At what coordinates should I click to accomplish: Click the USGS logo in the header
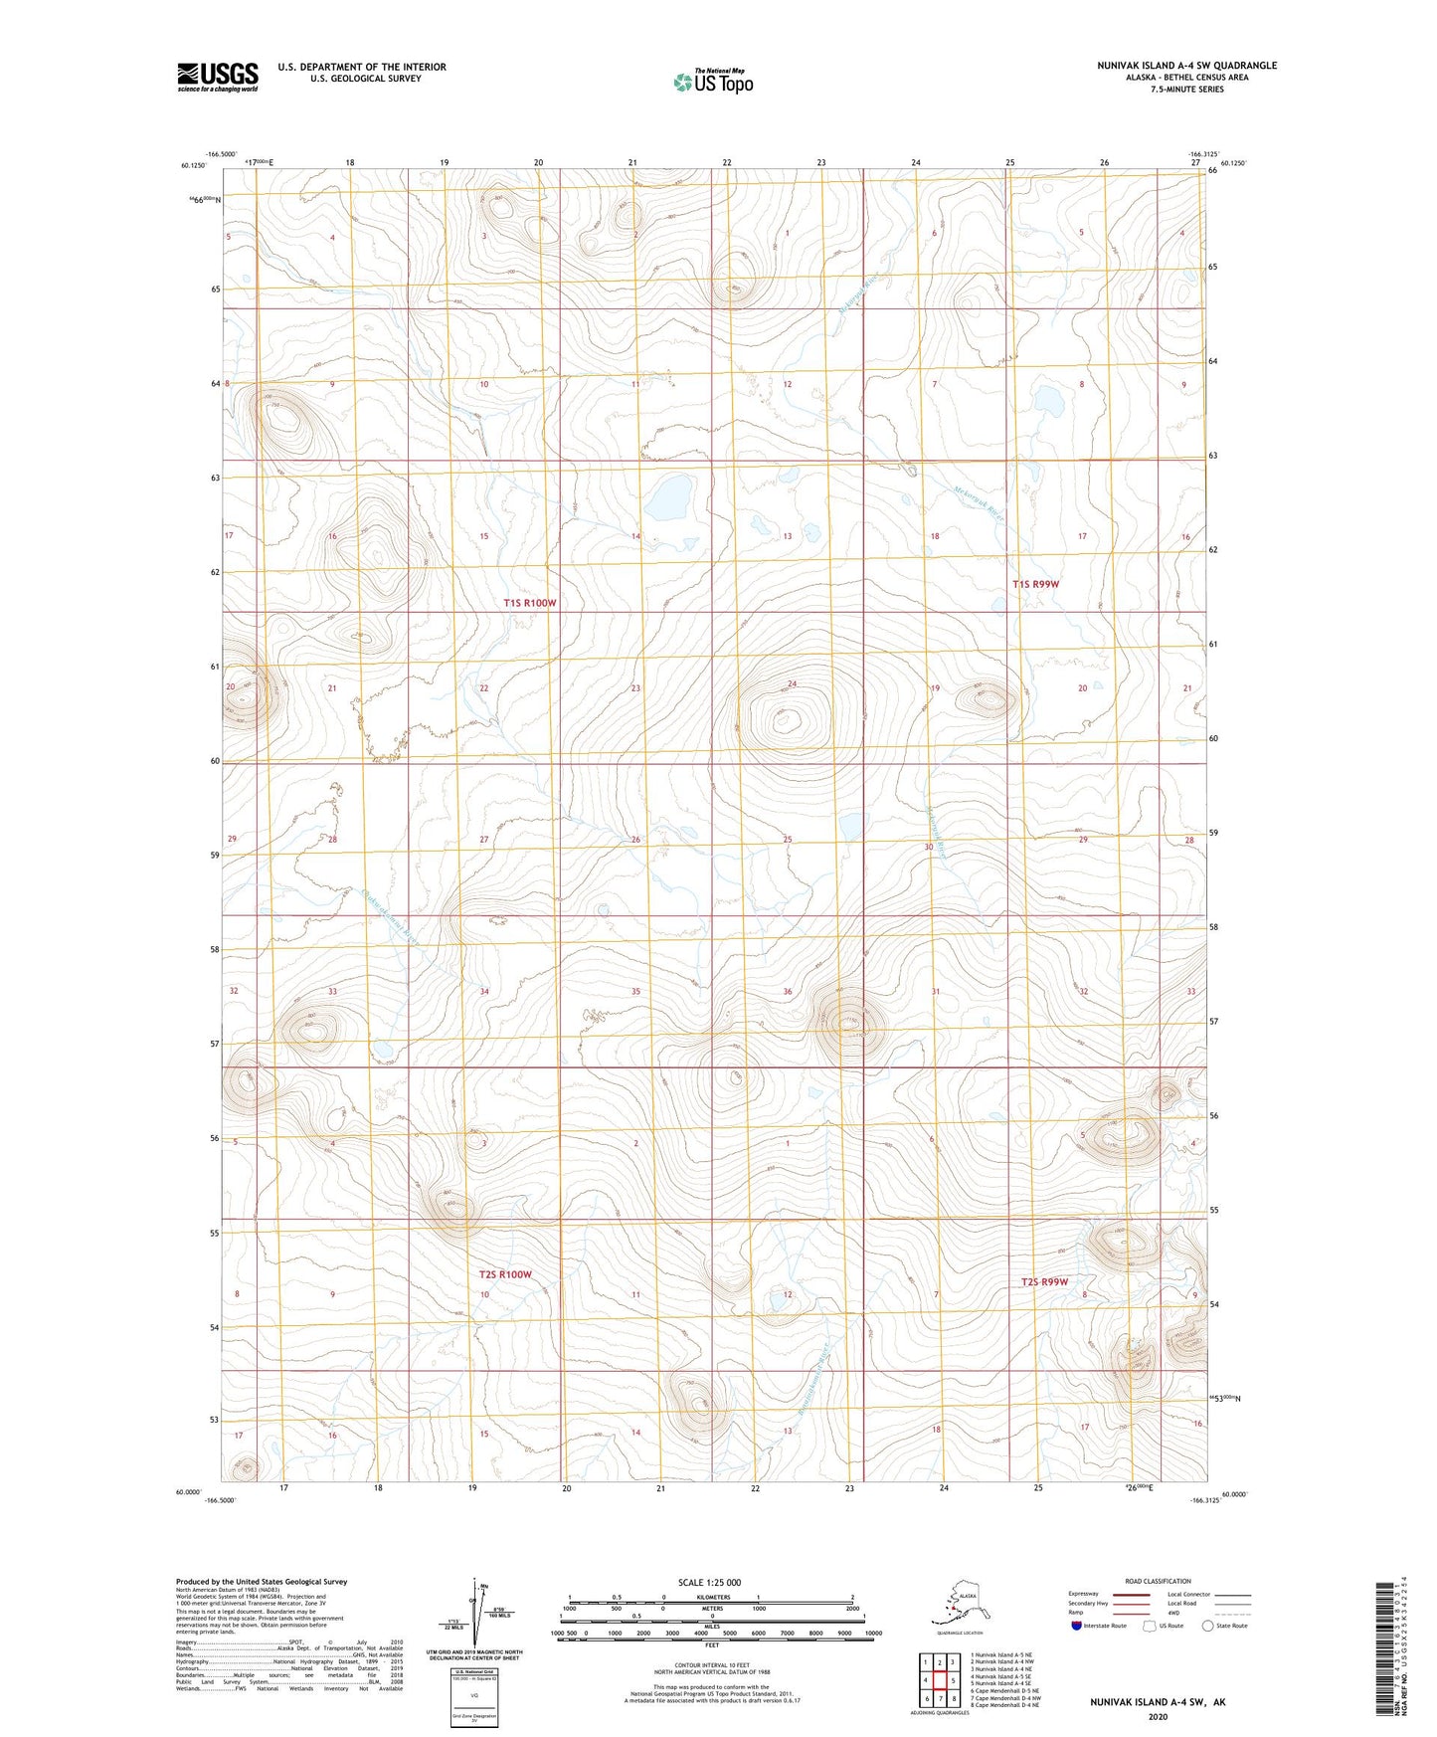point(217,77)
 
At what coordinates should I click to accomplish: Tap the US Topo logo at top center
point(712,82)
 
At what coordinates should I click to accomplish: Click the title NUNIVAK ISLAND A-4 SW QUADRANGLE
point(1186,66)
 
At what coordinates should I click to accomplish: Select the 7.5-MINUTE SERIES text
point(1186,90)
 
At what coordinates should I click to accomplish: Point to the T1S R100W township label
point(529,603)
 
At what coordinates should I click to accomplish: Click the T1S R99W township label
point(1035,584)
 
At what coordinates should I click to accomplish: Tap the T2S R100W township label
point(505,1274)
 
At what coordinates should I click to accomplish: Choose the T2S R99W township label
point(1044,1281)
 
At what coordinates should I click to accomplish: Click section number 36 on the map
point(788,992)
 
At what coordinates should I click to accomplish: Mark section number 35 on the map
point(635,992)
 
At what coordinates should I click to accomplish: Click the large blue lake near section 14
point(668,496)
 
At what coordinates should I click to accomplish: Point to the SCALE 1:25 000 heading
point(709,1582)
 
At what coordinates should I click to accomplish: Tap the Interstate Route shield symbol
point(1077,1626)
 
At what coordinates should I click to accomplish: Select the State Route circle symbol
point(1208,1626)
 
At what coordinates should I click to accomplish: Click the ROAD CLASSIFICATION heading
point(1158,1581)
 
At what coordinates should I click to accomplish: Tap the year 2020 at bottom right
point(1158,1717)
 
